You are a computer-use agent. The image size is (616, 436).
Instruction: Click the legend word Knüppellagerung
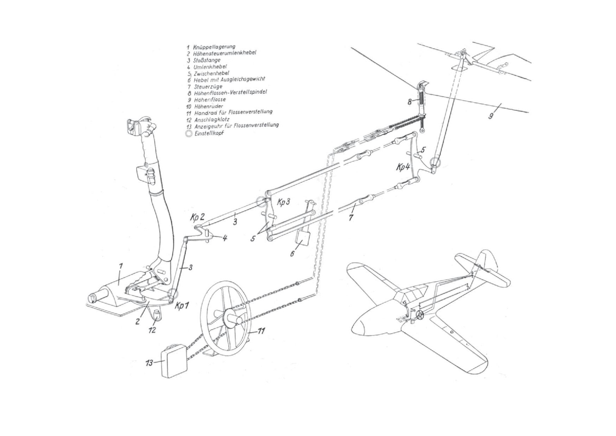pos(214,46)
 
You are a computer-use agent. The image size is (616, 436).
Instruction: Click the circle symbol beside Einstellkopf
pos(189,133)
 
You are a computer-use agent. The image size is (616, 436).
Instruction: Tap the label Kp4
pos(403,167)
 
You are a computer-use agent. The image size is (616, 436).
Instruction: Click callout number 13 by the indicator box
pos(150,363)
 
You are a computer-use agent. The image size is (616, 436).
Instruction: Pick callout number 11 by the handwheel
pos(261,331)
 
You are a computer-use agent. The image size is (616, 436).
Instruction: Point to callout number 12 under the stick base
pos(152,330)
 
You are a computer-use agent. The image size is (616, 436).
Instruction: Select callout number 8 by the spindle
pos(409,102)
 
